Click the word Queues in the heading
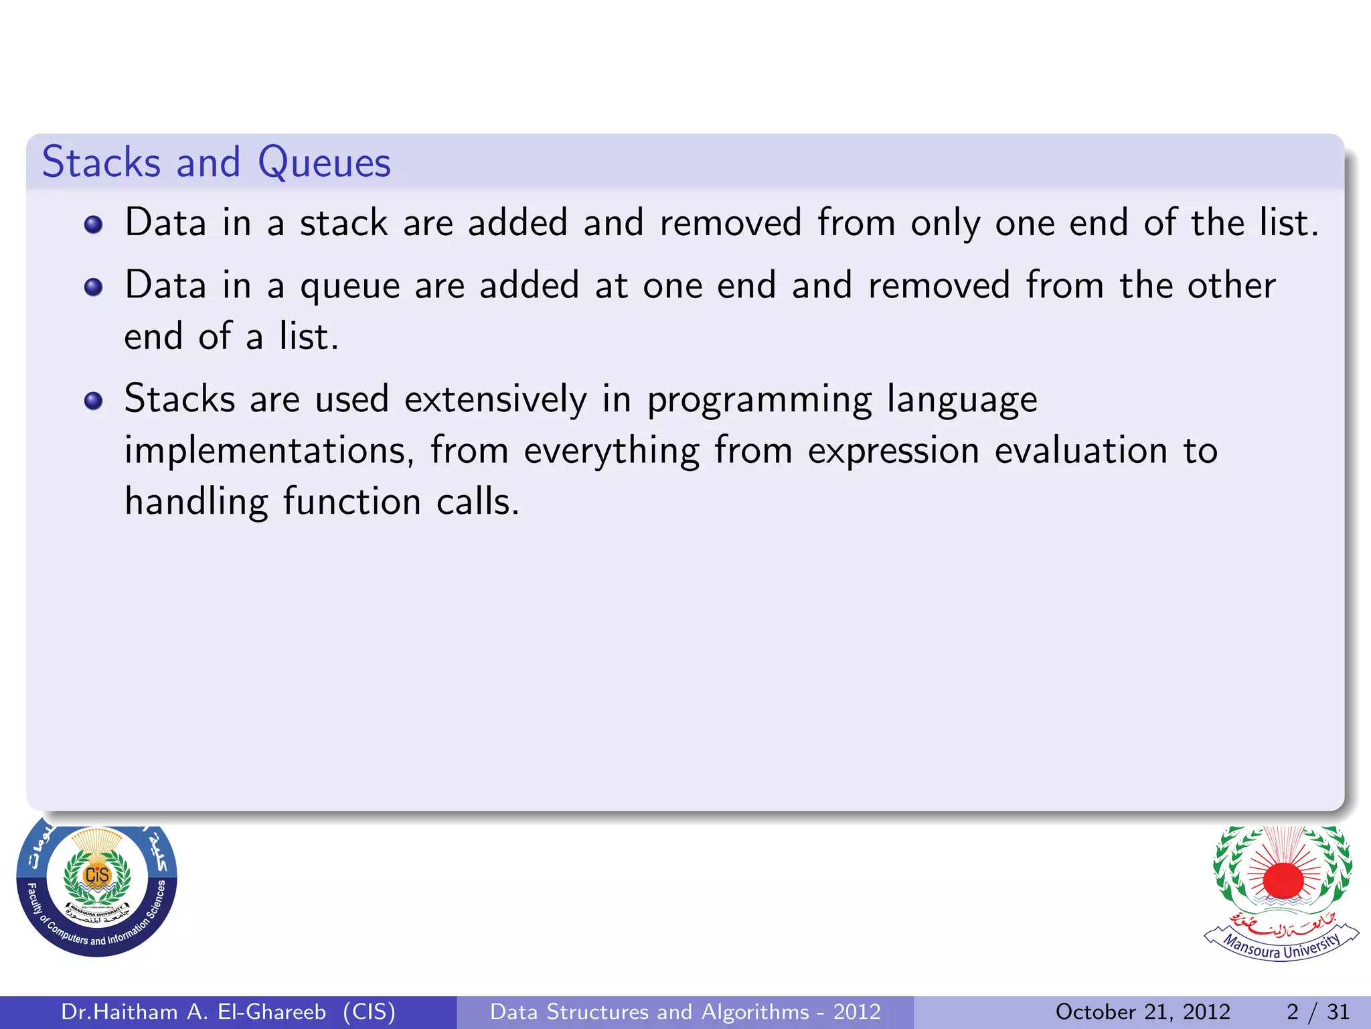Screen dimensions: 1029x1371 tap(324, 163)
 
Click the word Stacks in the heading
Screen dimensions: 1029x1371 tap(101, 163)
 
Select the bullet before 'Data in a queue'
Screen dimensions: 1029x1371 tap(93, 287)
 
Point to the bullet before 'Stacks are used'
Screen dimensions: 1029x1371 tap(93, 401)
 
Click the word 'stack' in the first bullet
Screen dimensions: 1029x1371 tap(343, 223)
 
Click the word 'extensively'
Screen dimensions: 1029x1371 tap(495, 399)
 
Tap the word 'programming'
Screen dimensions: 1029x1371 tap(759, 401)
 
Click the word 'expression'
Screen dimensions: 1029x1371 tap(894, 450)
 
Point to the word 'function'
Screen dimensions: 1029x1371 tap(351, 501)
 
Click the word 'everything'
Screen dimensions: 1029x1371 tap(611, 450)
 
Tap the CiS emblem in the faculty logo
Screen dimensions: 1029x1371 tap(97, 875)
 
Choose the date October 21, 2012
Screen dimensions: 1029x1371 tap(1143, 1012)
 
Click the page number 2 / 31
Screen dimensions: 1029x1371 tap(1317, 1012)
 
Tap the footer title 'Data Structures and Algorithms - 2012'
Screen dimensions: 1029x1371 tap(685, 1012)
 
